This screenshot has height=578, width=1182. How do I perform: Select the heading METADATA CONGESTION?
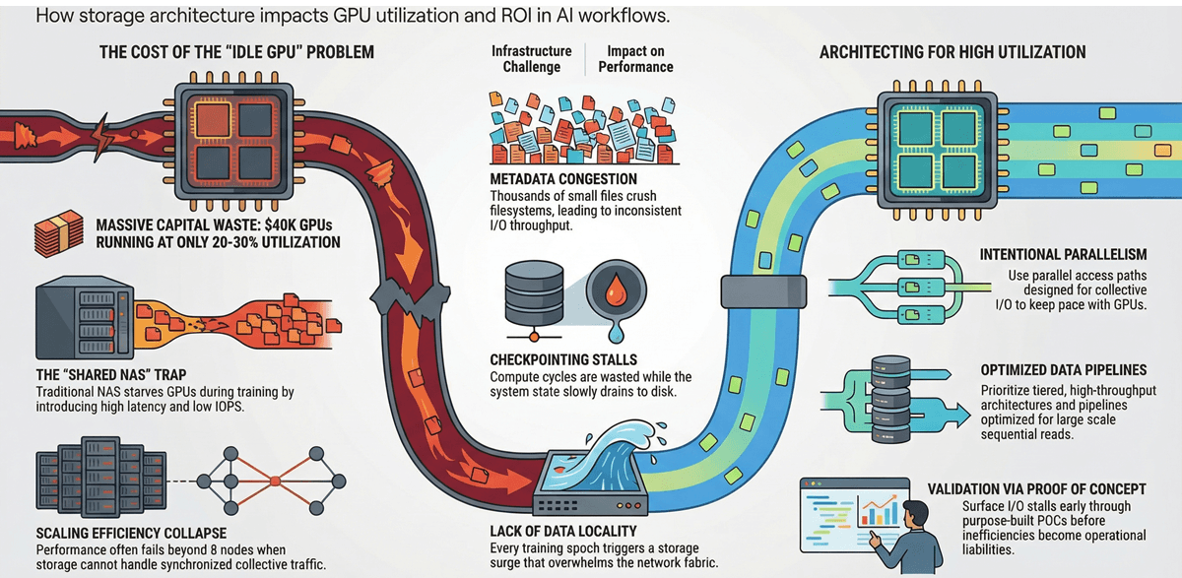coord(563,180)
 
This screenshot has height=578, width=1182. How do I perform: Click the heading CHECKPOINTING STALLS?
coord(561,360)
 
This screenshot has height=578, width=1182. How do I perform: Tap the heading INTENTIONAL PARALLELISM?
coord(1078,255)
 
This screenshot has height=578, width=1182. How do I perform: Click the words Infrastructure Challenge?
coord(533,58)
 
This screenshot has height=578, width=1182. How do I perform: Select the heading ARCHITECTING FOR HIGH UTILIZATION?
coord(952,51)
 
